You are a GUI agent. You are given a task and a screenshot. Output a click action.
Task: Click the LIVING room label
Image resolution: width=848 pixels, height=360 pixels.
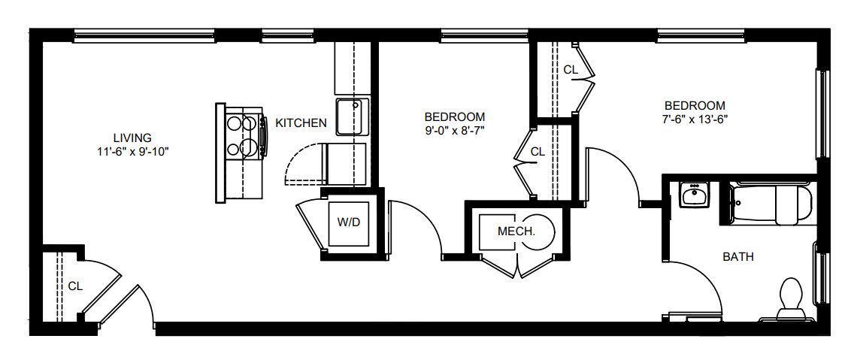[x=132, y=138]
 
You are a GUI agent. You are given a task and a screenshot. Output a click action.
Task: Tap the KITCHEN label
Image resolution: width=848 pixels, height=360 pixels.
[x=301, y=123]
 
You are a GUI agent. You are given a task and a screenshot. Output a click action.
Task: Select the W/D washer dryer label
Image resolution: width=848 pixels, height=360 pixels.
[x=349, y=222]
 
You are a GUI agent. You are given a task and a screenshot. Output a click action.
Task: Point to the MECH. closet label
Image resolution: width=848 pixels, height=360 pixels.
[x=516, y=232]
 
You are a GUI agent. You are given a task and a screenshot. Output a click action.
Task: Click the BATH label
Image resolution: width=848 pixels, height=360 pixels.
[x=738, y=257]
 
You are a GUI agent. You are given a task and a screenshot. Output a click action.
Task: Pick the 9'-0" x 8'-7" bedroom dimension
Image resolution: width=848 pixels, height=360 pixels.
[x=454, y=130]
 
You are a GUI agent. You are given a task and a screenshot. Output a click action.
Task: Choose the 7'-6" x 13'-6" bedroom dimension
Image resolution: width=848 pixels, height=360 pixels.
[x=695, y=119]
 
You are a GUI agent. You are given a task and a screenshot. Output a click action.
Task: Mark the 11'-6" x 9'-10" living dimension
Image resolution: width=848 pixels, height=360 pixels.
[x=132, y=152]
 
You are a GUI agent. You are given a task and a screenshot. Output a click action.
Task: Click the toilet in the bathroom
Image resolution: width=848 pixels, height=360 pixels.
[x=790, y=300]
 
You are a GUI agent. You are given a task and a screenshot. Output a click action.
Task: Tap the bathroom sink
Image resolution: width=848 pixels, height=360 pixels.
[x=695, y=195]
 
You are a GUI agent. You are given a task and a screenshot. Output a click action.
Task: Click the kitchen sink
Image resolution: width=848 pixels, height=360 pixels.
[x=352, y=116]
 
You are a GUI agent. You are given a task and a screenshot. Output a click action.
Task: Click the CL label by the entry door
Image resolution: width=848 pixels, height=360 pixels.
[x=76, y=286]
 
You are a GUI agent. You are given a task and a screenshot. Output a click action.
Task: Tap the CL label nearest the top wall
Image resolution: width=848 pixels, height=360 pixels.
[x=571, y=70]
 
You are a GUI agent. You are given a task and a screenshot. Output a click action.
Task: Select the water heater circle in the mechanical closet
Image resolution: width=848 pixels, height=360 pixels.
[x=538, y=232]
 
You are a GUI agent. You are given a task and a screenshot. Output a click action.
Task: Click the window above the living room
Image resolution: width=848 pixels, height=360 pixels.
[x=144, y=36]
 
